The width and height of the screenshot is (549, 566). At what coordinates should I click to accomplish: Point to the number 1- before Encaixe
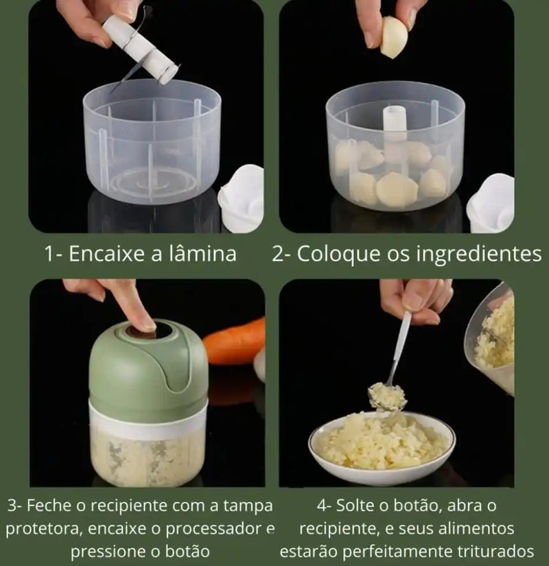click(x=55, y=254)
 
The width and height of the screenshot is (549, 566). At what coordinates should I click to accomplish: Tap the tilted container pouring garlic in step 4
click(x=498, y=336)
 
